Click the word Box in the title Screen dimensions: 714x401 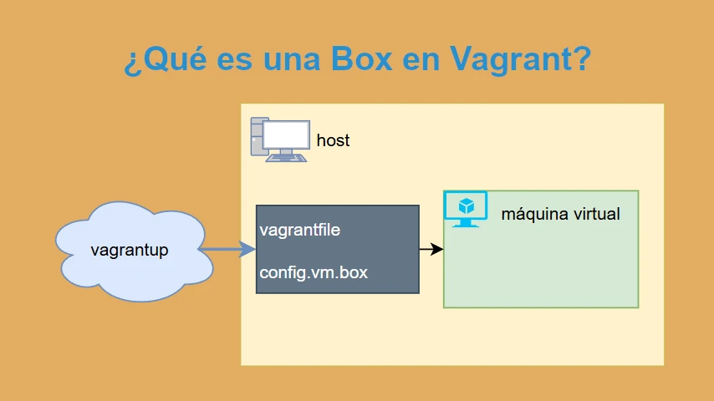(x=361, y=58)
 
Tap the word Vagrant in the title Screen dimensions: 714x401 (x=513, y=59)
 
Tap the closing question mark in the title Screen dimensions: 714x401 (x=584, y=58)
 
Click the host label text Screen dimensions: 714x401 (x=333, y=140)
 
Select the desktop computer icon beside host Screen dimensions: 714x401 (x=280, y=140)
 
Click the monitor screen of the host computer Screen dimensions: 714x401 (x=286, y=135)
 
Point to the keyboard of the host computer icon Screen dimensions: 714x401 (x=286, y=159)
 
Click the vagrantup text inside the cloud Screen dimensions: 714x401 (x=130, y=251)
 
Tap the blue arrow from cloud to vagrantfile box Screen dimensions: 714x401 (x=227, y=250)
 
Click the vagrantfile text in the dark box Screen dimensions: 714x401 (x=299, y=230)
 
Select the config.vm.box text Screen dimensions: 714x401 (x=314, y=272)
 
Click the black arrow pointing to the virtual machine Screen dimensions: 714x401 (x=431, y=249)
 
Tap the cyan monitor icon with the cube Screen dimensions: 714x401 (x=466, y=209)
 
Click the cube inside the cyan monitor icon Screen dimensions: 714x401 (x=467, y=206)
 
